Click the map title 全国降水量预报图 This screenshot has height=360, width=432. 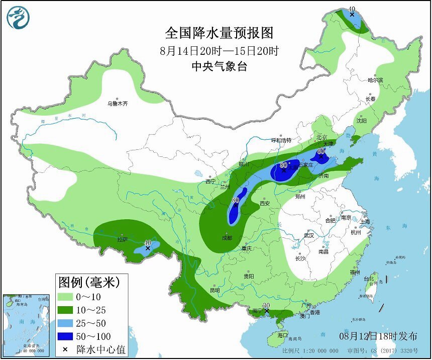coord(220,33)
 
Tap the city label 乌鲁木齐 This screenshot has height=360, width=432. coord(118,104)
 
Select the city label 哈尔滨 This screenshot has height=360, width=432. coord(375,80)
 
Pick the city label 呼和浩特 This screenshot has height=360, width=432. coord(281,140)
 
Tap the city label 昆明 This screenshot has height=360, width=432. coord(215,290)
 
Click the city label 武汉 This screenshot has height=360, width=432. coord(308,235)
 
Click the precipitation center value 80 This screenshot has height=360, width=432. coord(236,200)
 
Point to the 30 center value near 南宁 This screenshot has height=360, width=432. coord(267,305)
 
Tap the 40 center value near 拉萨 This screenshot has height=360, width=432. coord(148,242)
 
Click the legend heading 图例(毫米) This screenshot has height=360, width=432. coord(89,282)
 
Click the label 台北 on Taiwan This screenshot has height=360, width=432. coord(369,279)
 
